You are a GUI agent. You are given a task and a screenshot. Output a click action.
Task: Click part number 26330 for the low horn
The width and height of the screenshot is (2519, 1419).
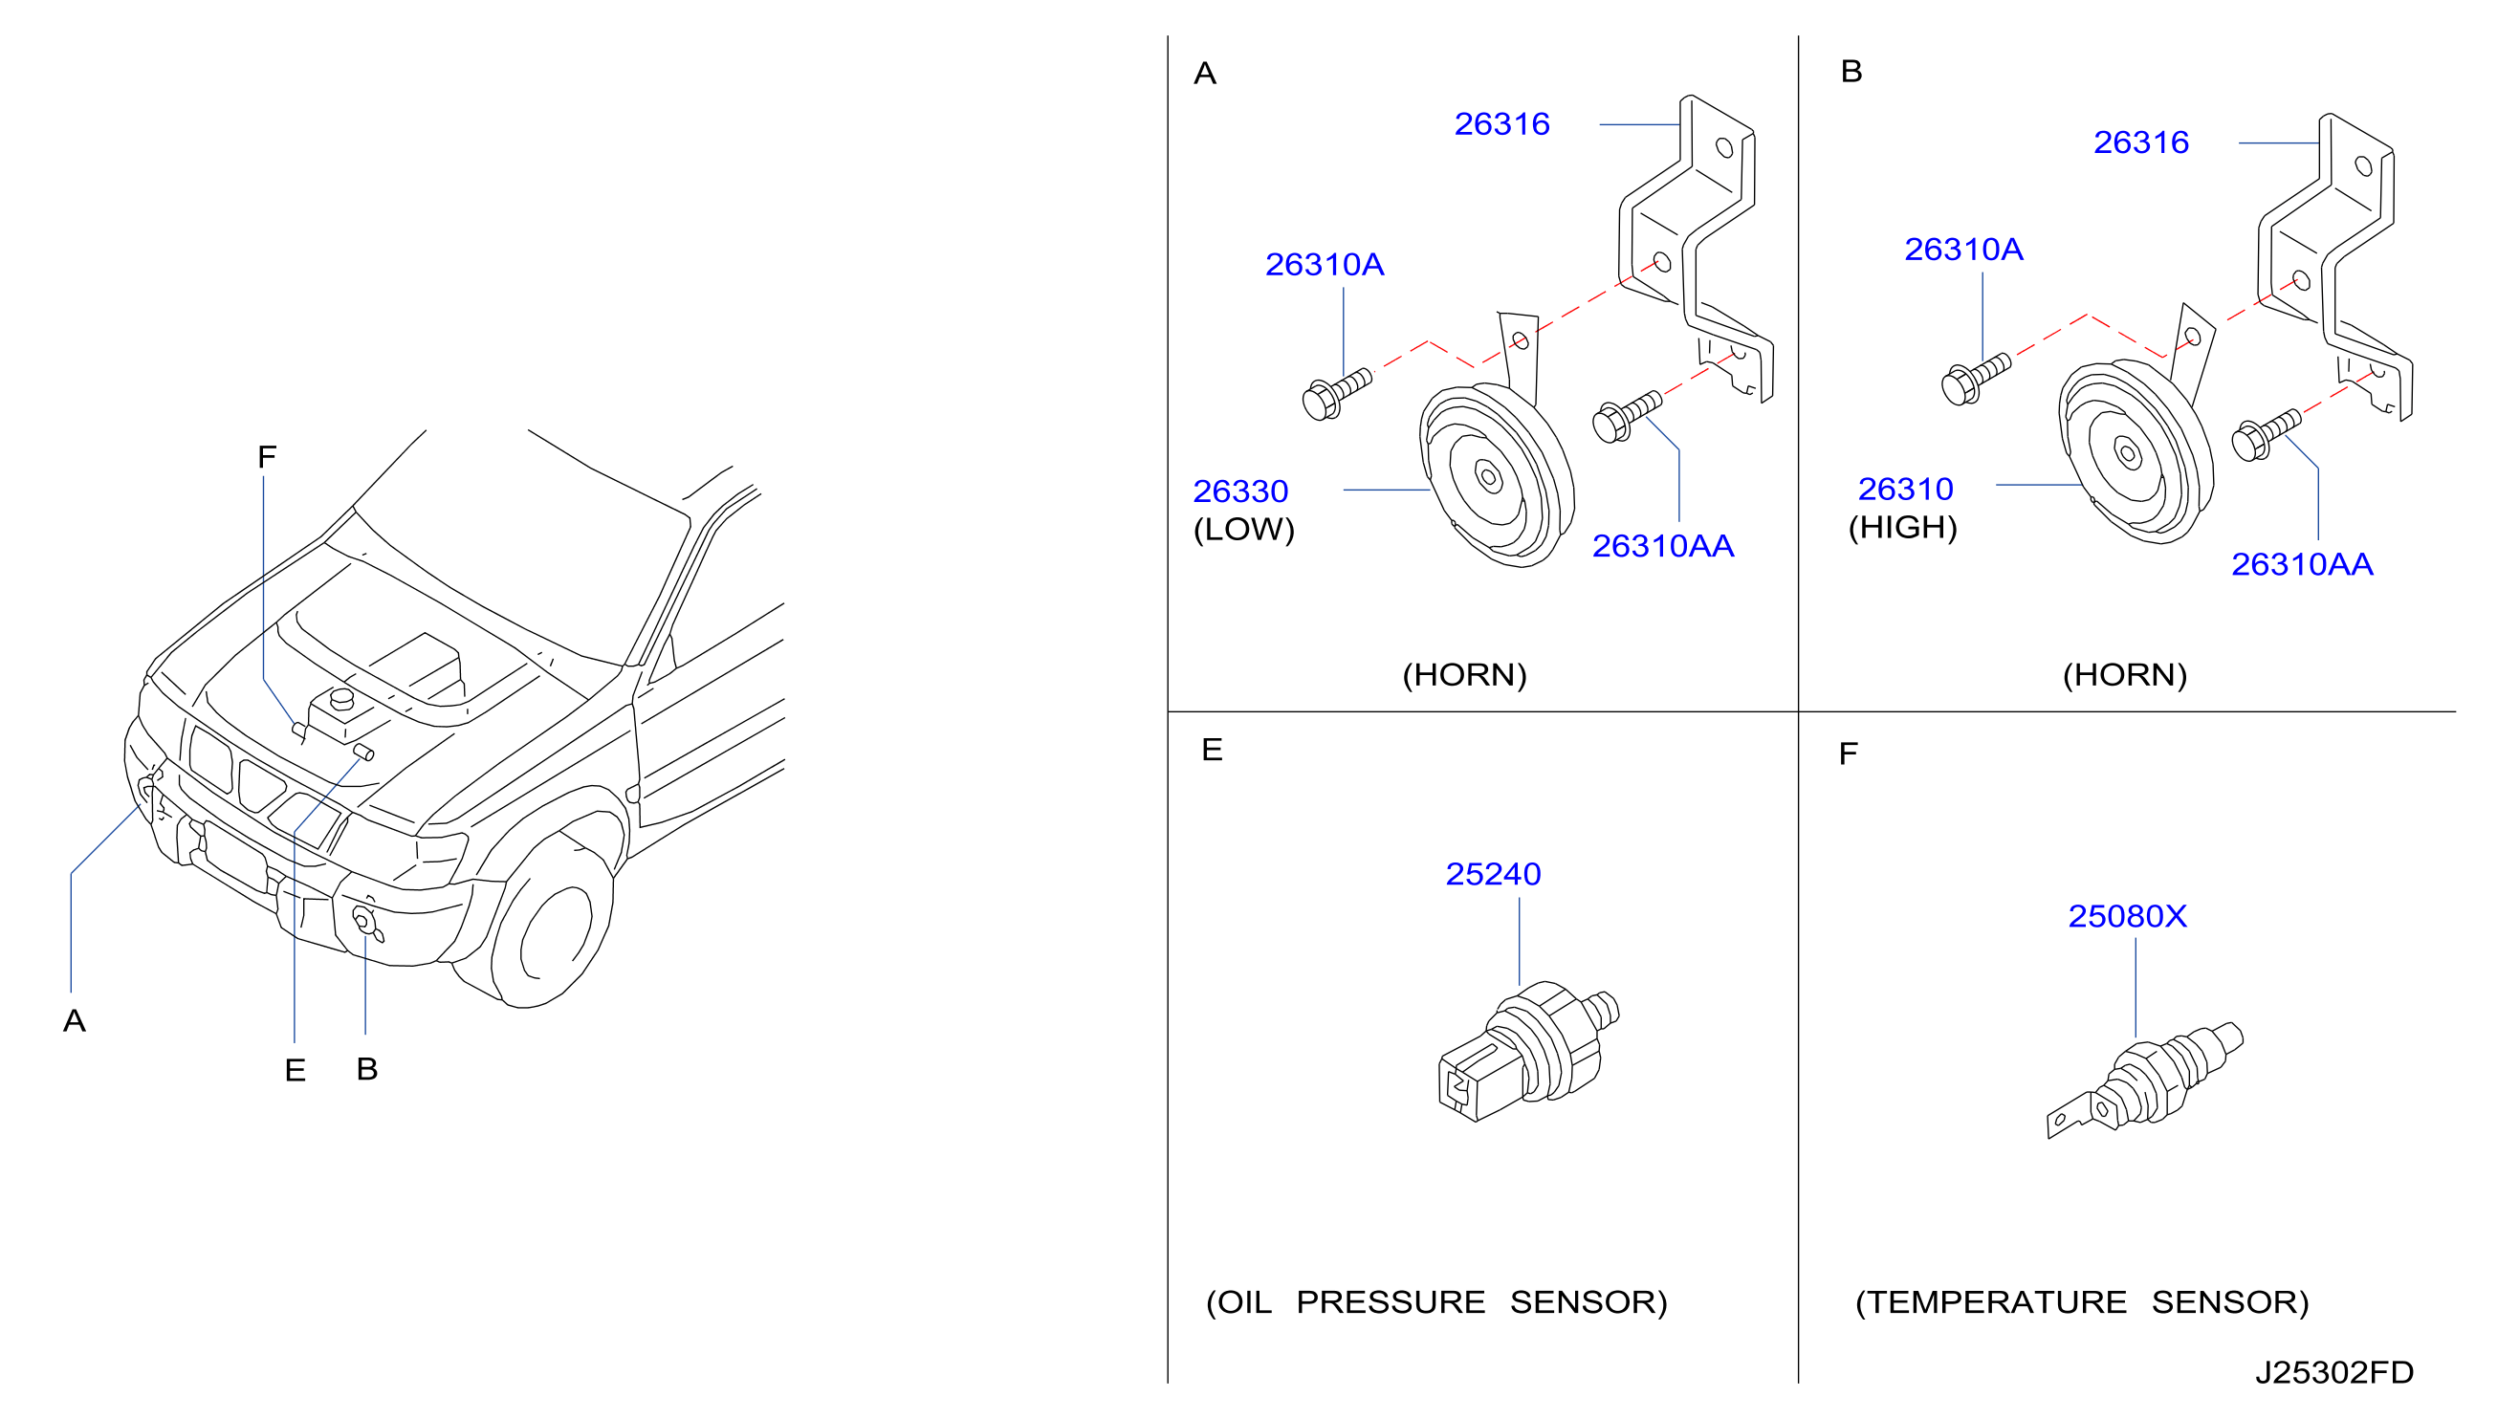click(1240, 491)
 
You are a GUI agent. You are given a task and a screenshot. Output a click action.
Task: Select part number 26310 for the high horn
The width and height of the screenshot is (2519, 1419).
click(1905, 489)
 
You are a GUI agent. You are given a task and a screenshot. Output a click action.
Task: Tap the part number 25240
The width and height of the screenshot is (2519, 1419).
click(1493, 873)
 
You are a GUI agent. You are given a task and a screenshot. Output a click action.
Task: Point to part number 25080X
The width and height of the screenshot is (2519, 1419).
click(2127, 916)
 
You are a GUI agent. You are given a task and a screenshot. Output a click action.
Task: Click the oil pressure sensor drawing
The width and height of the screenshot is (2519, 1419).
click(1527, 1051)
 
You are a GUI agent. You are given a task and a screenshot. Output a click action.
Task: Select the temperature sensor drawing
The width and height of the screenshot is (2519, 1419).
click(2145, 1081)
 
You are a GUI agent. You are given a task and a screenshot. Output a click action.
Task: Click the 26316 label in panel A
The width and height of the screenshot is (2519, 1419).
click(1502, 124)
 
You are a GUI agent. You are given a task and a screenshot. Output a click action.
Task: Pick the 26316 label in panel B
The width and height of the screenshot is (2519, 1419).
click(2140, 142)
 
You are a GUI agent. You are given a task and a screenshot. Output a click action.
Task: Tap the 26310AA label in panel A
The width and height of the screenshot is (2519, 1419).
click(1662, 546)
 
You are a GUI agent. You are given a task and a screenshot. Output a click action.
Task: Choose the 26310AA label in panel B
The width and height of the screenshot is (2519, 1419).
click(2302, 564)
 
